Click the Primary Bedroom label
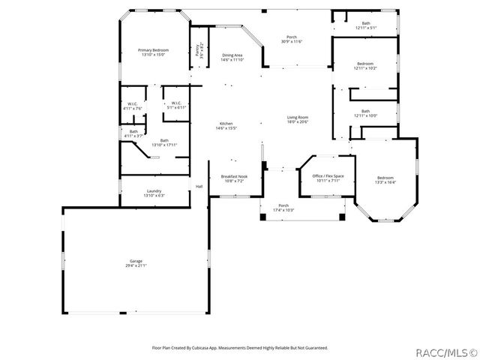tap(153, 50)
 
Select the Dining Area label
tap(232, 55)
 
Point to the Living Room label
tap(298, 117)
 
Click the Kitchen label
tap(226, 123)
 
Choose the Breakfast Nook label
tap(234, 176)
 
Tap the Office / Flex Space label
tap(327, 175)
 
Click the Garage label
tap(136, 261)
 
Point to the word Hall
tap(199, 187)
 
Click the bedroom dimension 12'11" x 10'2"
tap(365, 68)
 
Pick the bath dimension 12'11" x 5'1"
tap(365, 28)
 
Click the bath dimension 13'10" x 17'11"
tap(163, 145)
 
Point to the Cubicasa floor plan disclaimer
tap(240, 347)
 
